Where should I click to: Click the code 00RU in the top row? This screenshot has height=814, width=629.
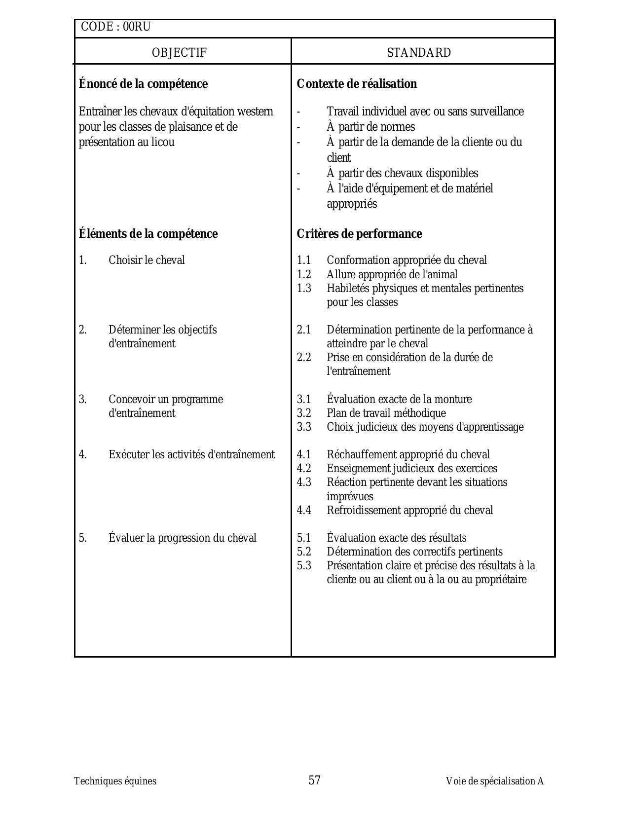pyautogui.click(x=137, y=27)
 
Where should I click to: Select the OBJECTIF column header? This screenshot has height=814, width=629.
pyautogui.click(x=179, y=53)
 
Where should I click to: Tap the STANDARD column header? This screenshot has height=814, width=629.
pyautogui.click(x=419, y=53)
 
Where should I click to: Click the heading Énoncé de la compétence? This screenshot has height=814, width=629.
pyautogui.click(x=143, y=84)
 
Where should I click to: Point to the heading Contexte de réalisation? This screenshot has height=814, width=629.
pyautogui.click(x=357, y=84)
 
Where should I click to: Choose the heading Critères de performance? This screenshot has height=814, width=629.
pyautogui.click(x=359, y=234)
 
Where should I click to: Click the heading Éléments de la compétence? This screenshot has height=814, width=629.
pyautogui.click(x=148, y=234)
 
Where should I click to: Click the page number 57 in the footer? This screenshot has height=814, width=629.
pyautogui.click(x=315, y=780)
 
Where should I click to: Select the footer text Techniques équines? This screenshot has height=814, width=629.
pyautogui.click(x=115, y=781)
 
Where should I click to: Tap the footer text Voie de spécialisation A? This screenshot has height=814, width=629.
pyautogui.click(x=494, y=781)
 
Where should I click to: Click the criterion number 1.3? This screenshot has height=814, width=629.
pyautogui.click(x=304, y=289)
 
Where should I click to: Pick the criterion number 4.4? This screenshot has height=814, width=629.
pyautogui.click(x=304, y=511)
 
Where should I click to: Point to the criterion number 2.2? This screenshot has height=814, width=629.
pyautogui.click(x=304, y=358)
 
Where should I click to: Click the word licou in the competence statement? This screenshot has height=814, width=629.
pyautogui.click(x=162, y=143)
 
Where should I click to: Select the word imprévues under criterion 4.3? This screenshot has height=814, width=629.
pyautogui.click(x=350, y=497)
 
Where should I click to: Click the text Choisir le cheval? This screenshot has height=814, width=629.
pyautogui.click(x=147, y=260)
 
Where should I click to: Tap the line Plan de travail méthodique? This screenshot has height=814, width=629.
pyautogui.click(x=386, y=413)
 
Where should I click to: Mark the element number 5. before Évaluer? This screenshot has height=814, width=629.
pyautogui.click(x=82, y=538)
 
